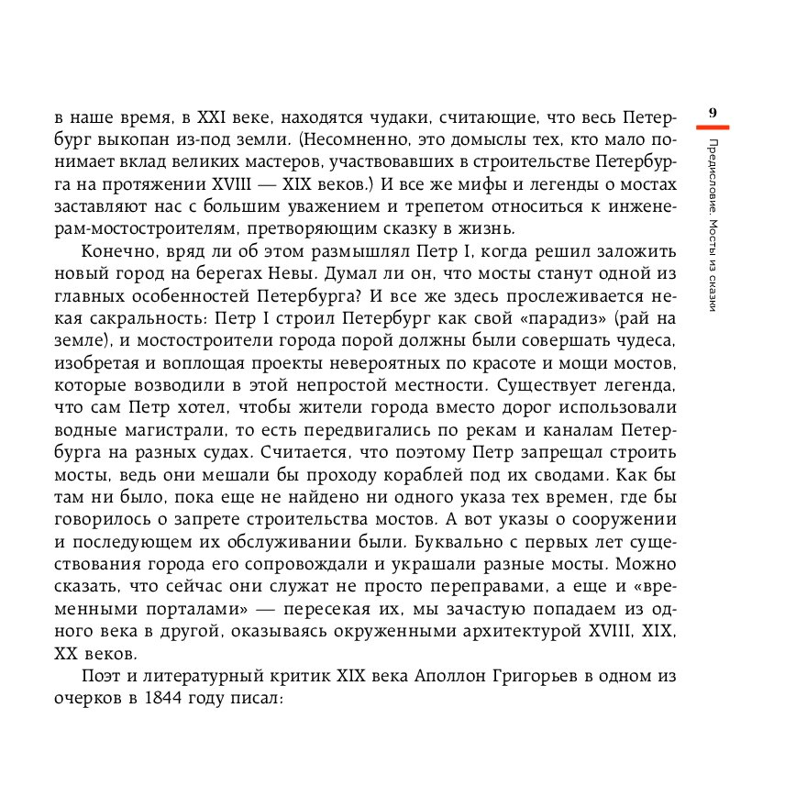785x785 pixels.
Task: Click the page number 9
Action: click(713, 113)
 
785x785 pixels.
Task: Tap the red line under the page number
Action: click(713, 126)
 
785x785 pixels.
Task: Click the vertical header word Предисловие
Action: click(713, 171)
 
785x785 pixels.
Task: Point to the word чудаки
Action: click(392, 118)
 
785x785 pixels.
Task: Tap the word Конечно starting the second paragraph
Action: click(116, 251)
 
